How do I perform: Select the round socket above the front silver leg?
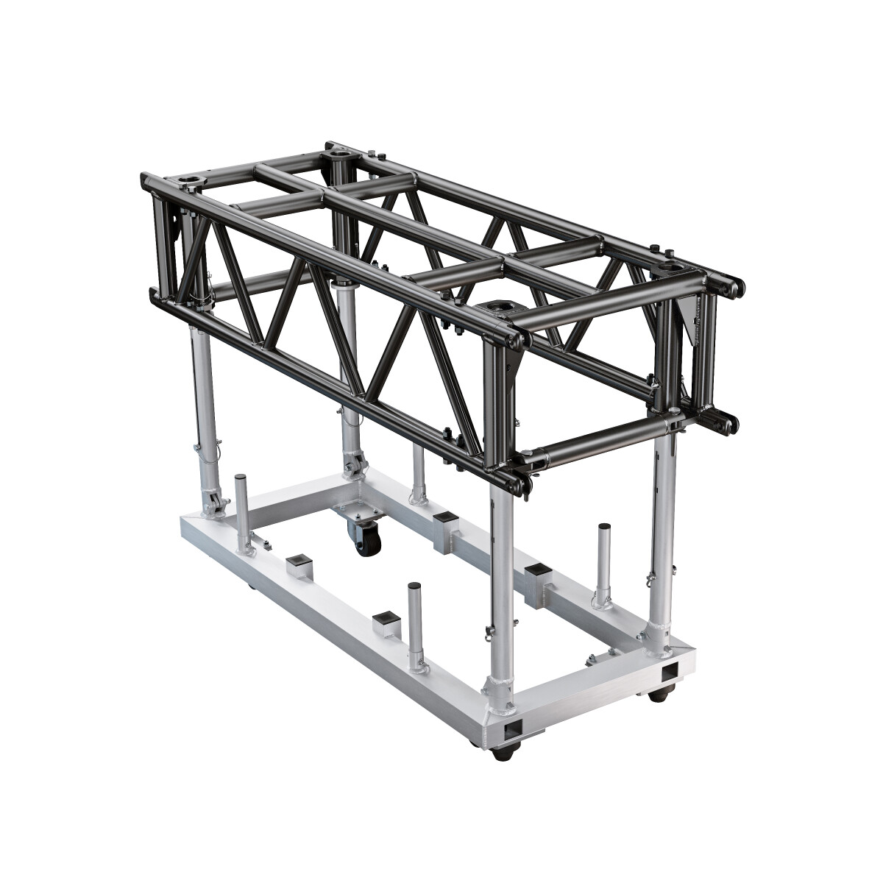[502, 303]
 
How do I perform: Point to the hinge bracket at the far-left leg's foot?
[214, 505]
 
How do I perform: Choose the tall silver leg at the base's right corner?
[662, 530]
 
